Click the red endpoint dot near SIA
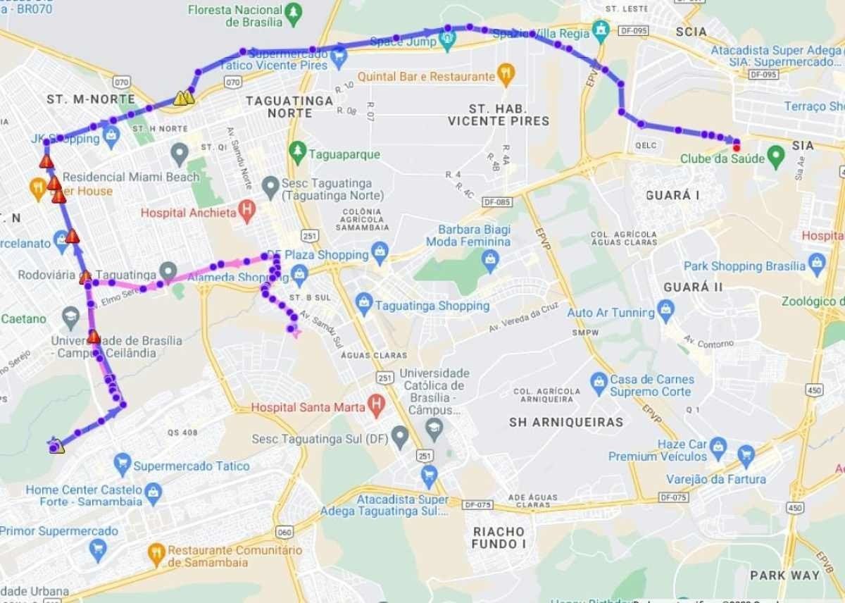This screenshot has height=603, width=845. coord(737,147)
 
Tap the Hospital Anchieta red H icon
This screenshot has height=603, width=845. coord(246,210)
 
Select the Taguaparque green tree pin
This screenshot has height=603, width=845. coord(297,152)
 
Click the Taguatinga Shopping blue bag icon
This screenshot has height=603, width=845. coord(363,304)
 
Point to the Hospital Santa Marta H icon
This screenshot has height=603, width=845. coord(377,405)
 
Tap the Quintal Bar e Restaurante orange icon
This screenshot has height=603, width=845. coord(505,74)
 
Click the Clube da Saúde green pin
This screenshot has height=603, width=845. coord(776,156)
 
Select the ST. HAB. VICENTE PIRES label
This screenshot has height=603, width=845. coord(499,115)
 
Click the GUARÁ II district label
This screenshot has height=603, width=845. coord(693,287)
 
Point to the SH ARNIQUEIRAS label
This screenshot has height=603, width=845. coord(566,422)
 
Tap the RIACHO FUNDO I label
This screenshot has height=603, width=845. coord(499,537)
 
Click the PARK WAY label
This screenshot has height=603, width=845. coord(784,575)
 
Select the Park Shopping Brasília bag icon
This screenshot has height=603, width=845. coord(817,264)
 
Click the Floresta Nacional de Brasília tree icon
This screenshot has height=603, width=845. coord(293,12)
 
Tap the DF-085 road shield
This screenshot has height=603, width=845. coord(496,201)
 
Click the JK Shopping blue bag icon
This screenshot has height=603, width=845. coord(111,135)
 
